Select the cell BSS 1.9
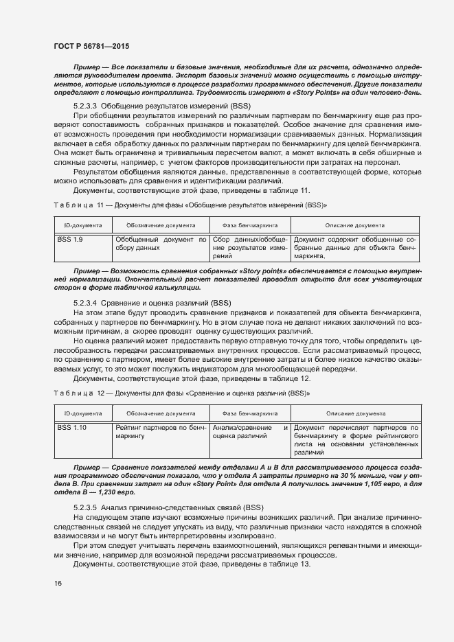click(x=69, y=238)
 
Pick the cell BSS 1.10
click(x=71, y=427)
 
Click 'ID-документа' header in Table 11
click(x=83, y=225)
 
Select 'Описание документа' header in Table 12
click(x=355, y=413)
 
